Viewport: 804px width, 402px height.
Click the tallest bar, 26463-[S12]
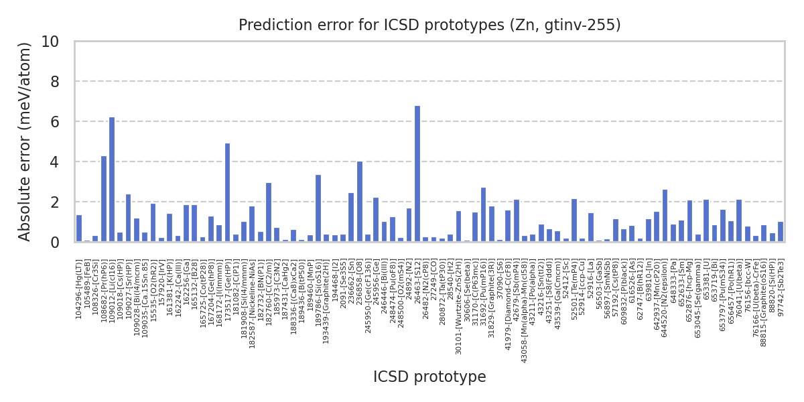[417, 174]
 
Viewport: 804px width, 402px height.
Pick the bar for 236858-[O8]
[360, 201]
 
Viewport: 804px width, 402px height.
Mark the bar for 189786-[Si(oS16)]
[318, 208]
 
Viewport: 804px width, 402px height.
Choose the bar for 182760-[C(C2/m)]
[269, 212]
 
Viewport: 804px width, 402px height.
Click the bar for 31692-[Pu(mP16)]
[483, 214]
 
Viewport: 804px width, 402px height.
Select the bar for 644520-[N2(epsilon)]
[665, 215]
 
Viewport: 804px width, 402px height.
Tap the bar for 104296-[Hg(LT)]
[79, 228]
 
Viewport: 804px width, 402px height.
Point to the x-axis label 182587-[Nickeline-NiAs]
[252, 295]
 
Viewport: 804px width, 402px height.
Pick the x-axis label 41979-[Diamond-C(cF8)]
[508, 294]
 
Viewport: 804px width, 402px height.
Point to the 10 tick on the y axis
[59, 42]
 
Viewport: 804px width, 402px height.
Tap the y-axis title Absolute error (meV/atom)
[25, 141]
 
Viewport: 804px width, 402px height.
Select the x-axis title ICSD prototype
[429, 377]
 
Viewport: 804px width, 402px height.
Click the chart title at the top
[429, 25]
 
